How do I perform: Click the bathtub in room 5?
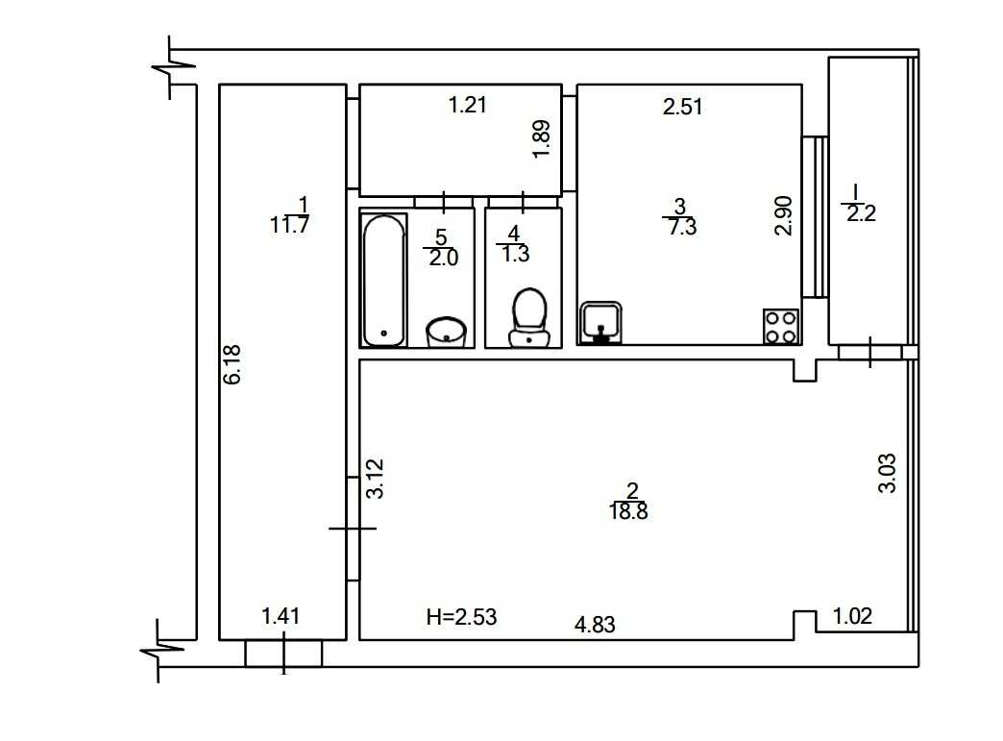(x=383, y=281)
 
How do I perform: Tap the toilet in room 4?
(x=529, y=317)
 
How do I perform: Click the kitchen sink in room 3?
(x=601, y=323)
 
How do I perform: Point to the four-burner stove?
(x=781, y=327)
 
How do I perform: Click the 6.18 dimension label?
(x=232, y=365)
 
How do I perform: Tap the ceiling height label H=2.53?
(x=461, y=617)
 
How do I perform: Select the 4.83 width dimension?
(x=595, y=624)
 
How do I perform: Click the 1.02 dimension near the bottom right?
(x=852, y=616)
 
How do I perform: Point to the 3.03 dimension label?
(x=887, y=473)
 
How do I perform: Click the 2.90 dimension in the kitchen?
(x=784, y=215)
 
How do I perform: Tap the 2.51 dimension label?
(x=682, y=107)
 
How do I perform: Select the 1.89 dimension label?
(x=541, y=138)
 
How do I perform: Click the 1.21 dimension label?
(x=468, y=105)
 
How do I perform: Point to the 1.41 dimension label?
(x=281, y=616)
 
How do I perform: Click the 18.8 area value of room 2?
(x=628, y=512)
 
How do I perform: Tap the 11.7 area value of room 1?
(x=290, y=225)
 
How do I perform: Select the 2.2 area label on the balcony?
(x=861, y=213)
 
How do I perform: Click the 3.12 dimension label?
(x=375, y=478)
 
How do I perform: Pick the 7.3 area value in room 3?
(x=682, y=227)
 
